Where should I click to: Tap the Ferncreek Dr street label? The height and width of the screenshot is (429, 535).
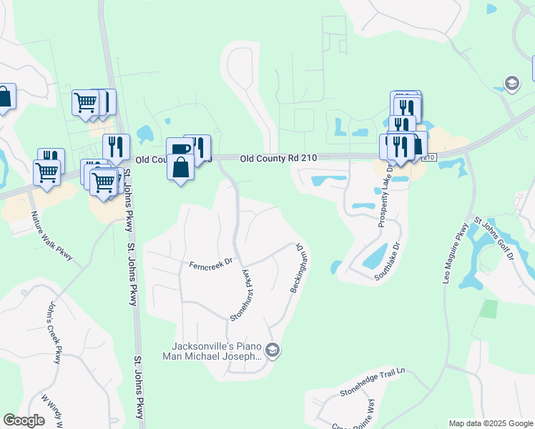point(211,264)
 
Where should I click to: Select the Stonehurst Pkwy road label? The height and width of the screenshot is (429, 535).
point(242,294)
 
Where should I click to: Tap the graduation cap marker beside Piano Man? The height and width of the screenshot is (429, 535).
point(272,350)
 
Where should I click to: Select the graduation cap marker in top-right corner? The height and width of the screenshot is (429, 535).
point(511,84)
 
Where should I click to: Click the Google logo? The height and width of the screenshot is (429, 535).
point(24,420)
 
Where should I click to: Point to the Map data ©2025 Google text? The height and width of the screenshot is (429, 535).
point(490,423)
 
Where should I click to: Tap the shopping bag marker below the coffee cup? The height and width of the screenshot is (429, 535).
point(180,168)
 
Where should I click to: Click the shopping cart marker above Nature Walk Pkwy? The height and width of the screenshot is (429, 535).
point(47,172)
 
